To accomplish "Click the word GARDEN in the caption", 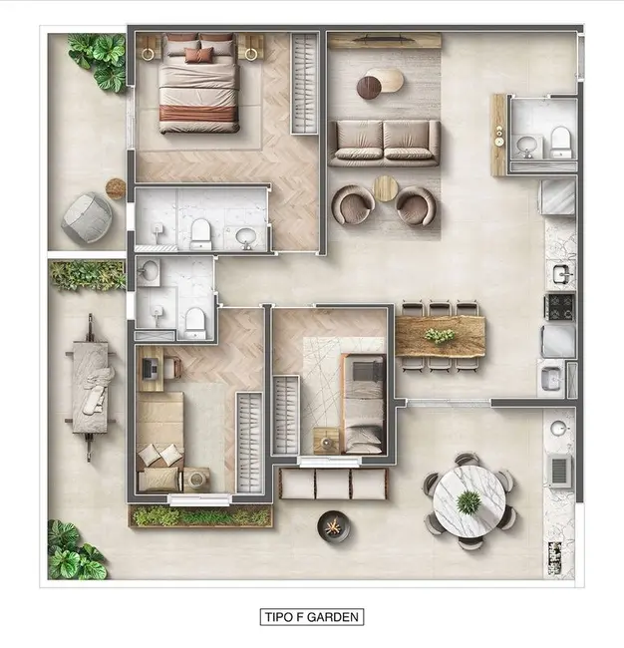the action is coord(333,617).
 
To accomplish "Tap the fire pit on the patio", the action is coord(334,527).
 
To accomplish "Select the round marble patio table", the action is coord(469,501).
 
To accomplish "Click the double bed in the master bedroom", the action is coord(199,83).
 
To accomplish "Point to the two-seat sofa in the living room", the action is coord(384,143).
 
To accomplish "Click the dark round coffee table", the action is coord(369,88).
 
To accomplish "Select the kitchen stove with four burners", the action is coord(560,307).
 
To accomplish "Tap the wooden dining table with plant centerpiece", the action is coord(441,336).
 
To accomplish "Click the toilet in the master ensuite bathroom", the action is coord(200,234).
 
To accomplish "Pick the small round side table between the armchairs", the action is coord(385,188).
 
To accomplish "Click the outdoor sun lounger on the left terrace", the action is coord(90,387).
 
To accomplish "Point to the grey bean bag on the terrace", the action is coord(87,217).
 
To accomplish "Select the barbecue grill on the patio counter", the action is coord(559,471).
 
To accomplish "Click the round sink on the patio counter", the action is coord(558,428).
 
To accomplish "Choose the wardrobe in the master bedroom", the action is coord(304,84).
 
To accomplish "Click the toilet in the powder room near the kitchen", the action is coord(560,143).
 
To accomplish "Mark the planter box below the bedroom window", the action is coord(200,516).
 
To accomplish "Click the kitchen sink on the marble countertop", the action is coord(562,273).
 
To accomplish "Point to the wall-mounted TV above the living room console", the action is coord(385,39).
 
